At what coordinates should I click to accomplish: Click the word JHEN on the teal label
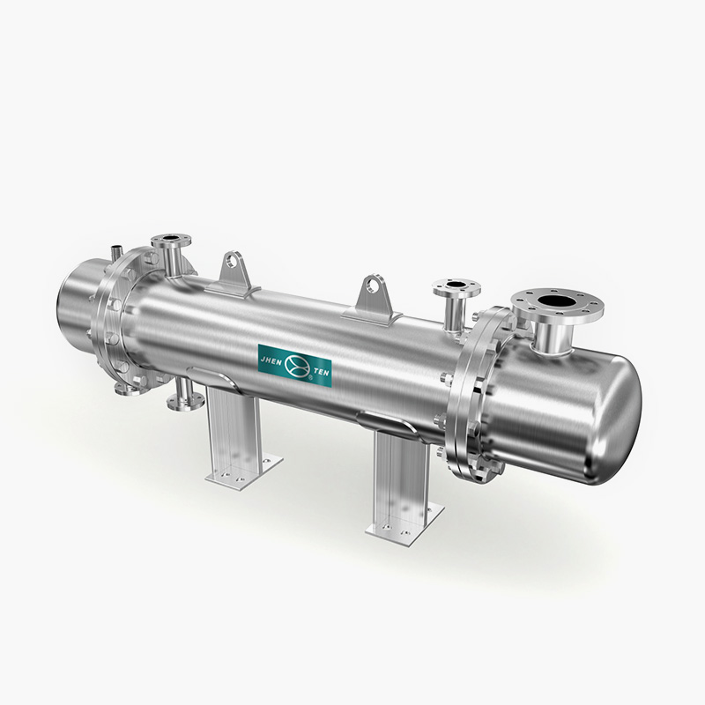click(x=271, y=360)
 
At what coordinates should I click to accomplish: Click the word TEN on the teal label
click(x=321, y=373)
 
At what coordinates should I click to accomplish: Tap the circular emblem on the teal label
click(x=297, y=366)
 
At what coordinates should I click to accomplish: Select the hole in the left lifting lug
click(x=232, y=259)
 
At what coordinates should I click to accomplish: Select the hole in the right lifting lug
click(x=371, y=285)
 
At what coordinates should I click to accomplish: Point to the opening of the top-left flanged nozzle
click(x=171, y=238)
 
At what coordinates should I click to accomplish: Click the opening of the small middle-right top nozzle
click(x=456, y=285)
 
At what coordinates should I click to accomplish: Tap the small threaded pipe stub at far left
click(x=116, y=252)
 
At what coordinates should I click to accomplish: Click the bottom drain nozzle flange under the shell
click(x=185, y=402)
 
